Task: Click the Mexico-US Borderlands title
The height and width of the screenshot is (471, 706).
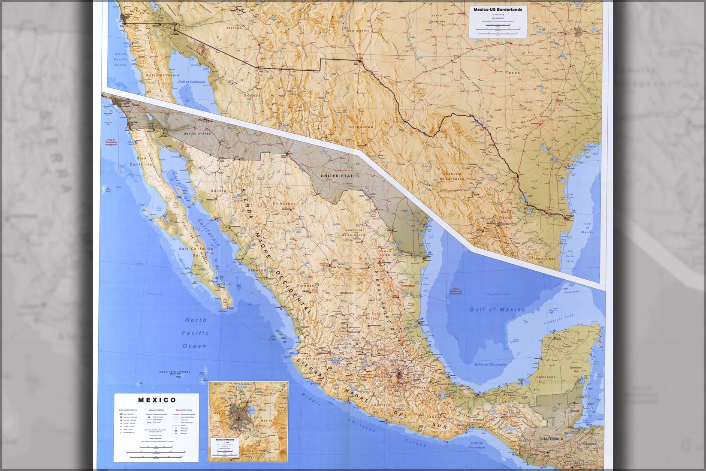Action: [x=498, y=9]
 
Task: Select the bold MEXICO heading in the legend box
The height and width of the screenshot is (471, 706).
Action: [x=157, y=400]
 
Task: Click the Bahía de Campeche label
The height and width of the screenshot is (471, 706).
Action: [x=490, y=364]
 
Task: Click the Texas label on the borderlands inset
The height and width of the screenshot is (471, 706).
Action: [x=512, y=73]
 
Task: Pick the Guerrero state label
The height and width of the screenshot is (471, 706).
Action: [x=381, y=405]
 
